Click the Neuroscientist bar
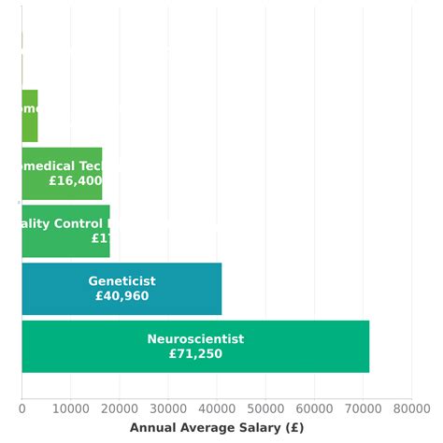coord(195,347)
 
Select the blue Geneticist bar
coord(121,289)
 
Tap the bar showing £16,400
coord(62,174)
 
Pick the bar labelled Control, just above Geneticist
coord(65,231)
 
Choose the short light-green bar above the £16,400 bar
coord(30,116)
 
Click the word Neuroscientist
coord(195,339)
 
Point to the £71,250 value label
coord(195,354)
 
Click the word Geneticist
coord(121,281)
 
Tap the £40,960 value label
coord(121,296)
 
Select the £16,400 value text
coord(76,181)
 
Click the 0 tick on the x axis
coord(21,407)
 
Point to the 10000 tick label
coord(70,407)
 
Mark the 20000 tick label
coord(119,407)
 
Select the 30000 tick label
coord(168,407)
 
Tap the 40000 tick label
coord(217,407)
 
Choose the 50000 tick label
coord(265,407)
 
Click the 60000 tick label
coord(314,407)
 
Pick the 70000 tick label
coord(363,407)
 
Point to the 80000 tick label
coord(411,407)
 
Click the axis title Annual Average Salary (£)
coord(217,428)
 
